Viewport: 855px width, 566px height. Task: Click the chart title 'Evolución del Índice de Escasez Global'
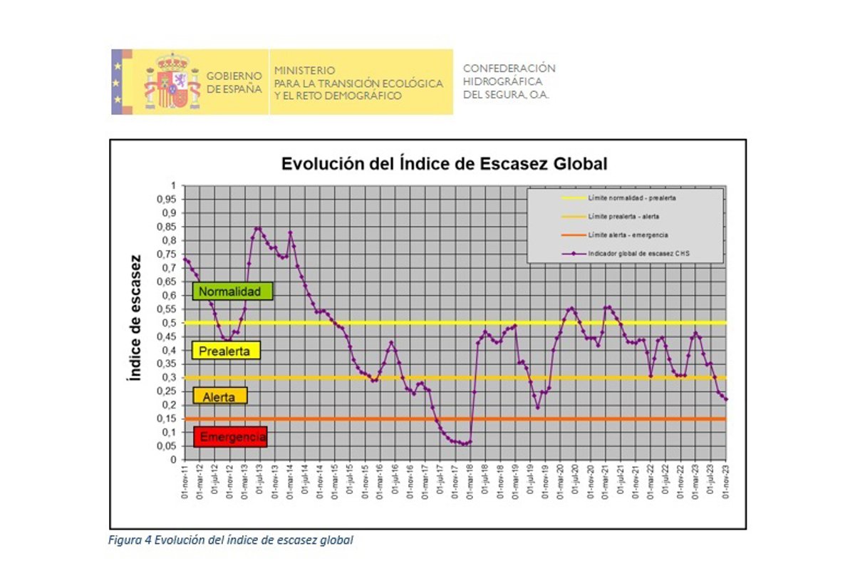[x=444, y=163]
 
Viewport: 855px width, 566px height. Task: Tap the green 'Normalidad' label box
[x=224, y=291]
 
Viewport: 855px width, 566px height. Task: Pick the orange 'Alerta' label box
[x=220, y=397]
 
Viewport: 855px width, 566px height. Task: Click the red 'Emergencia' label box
[x=230, y=437]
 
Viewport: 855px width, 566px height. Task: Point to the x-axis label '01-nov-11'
[x=185, y=483]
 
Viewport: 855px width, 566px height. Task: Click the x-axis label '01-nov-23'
[x=726, y=483]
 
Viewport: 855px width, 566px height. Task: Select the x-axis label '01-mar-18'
[x=470, y=483]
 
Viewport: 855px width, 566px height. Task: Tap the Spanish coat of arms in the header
[x=172, y=81]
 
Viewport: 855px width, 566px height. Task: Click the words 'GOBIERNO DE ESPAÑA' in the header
[x=234, y=82]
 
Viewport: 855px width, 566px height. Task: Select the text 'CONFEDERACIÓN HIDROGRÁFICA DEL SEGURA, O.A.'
[x=509, y=81]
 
